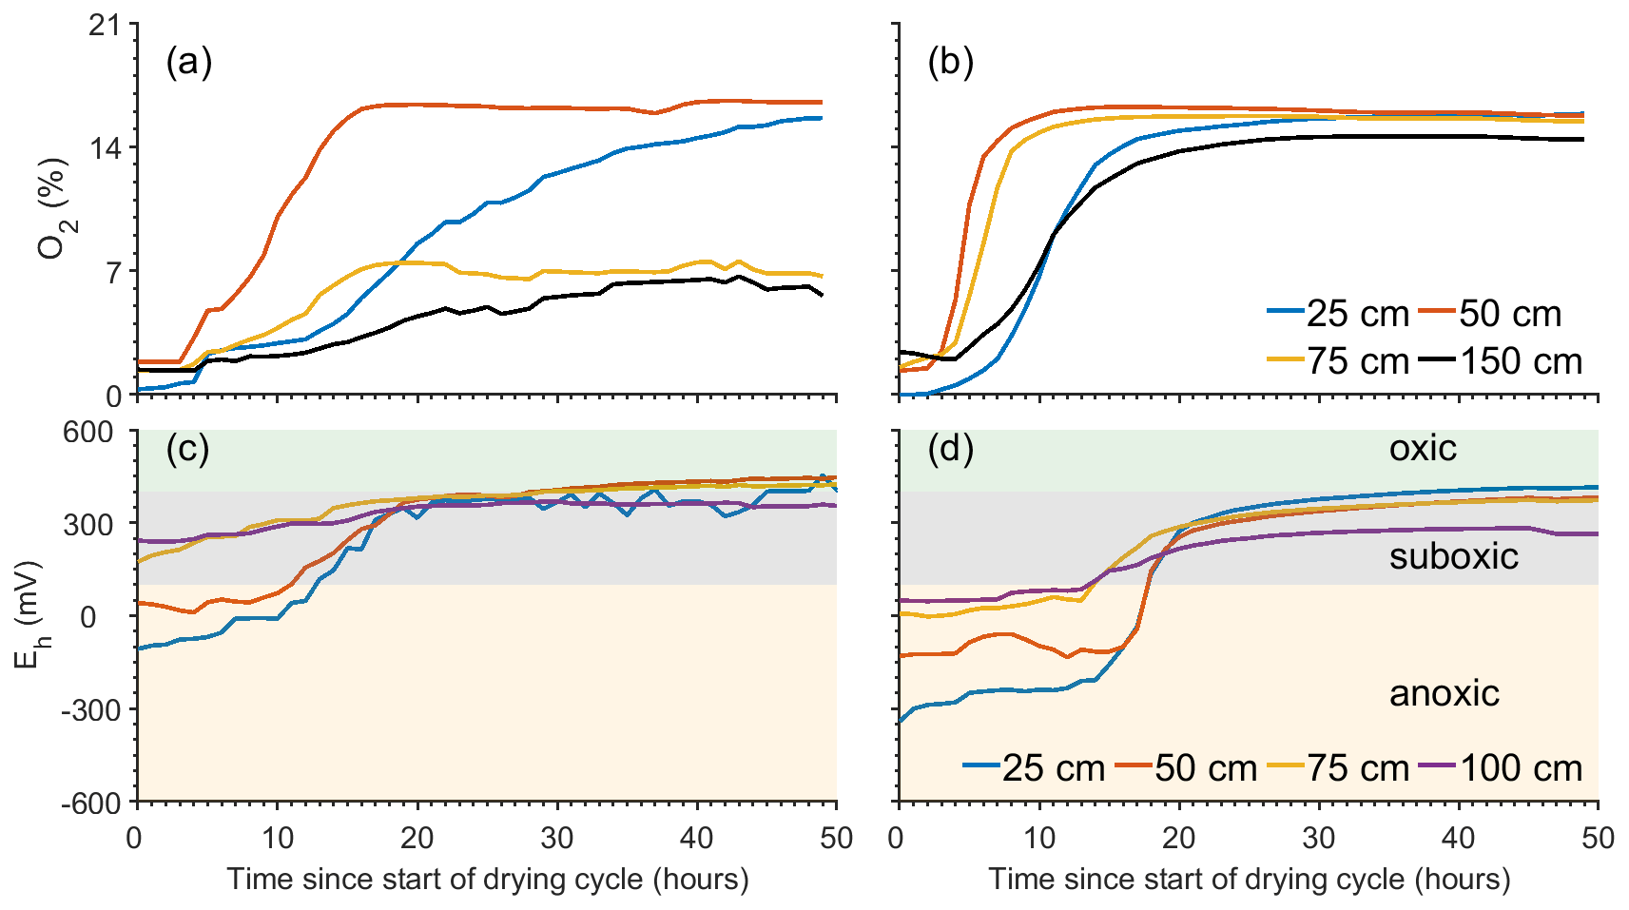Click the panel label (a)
[188, 63]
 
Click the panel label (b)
[950, 63]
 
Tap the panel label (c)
[187, 449]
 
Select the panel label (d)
[950, 449]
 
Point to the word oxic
[1422, 449]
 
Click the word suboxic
[1453, 556]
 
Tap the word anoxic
[1444, 694]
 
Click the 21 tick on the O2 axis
[105, 26]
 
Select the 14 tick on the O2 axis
[105, 148]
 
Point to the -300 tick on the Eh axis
[91, 710]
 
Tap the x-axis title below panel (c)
[487, 880]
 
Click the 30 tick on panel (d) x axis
[1318, 838]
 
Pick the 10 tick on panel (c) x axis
[278, 838]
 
